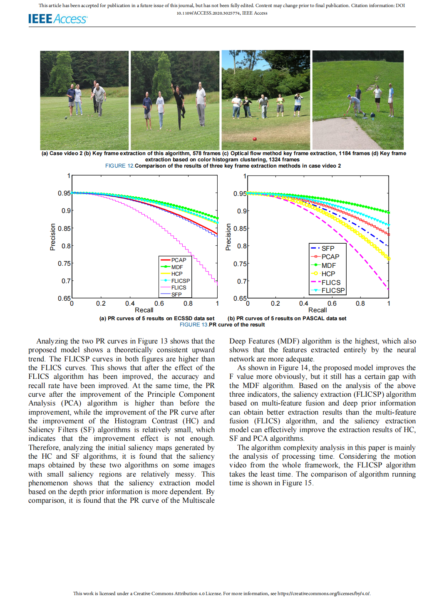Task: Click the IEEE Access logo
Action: pyautogui.click(x=57, y=19)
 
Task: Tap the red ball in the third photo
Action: pyautogui.click(x=255, y=139)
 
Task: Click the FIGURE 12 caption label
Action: pyautogui.click(x=119, y=166)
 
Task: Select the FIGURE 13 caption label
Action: pyautogui.click(x=194, y=325)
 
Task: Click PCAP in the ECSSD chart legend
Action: pyautogui.click(x=179, y=260)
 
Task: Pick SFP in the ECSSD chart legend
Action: pyautogui.click(x=176, y=294)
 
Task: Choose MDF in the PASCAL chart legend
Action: pyautogui.click(x=328, y=265)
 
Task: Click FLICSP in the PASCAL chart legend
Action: pyautogui.click(x=333, y=290)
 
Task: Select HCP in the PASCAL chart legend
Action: pyautogui.click(x=328, y=274)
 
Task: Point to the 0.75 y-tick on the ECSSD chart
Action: pyautogui.click(x=64, y=263)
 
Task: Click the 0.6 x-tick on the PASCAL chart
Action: pyautogui.click(x=332, y=304)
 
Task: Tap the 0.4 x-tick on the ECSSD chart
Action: pyautogui.click(x=130, y=304)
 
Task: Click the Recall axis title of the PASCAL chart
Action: pyautogui.click(x=317, y=310)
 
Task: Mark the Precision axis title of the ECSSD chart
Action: pyautogui.click(x=53, y=237)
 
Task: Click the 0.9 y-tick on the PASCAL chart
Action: pyautogui.click(x=242, y=211)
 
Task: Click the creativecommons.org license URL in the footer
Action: pyautogui.click(x=324, y=593)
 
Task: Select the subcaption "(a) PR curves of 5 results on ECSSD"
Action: pyautogui.click(x=157, y=319)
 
